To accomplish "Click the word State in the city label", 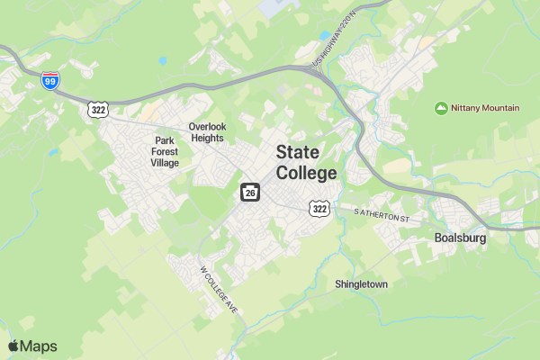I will coord(297,152).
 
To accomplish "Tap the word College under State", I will coord(306,173).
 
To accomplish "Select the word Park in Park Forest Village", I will coord(164,140).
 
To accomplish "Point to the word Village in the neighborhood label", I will coord(165,163).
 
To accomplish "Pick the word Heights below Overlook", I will coord(208,139).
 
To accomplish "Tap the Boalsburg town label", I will coord(459,238).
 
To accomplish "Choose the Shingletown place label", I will coord(361,284).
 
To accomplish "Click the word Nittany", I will coord(468,108).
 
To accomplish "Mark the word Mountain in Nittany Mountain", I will coord(502,108).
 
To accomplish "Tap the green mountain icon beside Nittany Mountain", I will coord(441,108).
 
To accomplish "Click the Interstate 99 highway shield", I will coord(51,81).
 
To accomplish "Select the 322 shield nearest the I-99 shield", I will coord(98,109).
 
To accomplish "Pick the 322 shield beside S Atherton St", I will coord(319,208).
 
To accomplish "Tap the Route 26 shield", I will coord(250,193).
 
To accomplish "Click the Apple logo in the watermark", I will coord(13,346).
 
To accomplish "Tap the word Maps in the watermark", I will coord(40,346).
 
